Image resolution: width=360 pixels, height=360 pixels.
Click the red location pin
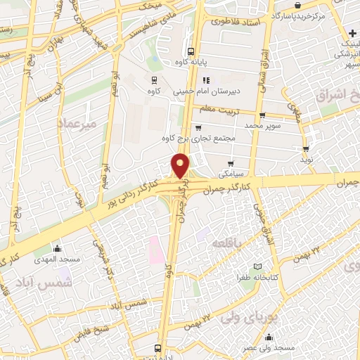tap(181, 166)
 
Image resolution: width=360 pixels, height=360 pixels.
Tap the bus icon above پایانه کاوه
tap(191, 51)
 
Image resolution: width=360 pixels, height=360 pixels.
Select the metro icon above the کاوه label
tap(153, 80)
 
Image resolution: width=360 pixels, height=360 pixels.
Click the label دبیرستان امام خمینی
tap(212, 91)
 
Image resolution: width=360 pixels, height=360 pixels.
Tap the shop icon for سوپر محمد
tap(262, 115)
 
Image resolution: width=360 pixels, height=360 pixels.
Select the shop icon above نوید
tap(306, 149)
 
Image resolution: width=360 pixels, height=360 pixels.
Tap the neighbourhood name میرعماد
tap(79, 123)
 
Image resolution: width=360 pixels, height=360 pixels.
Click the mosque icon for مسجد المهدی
tap(58, 248)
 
